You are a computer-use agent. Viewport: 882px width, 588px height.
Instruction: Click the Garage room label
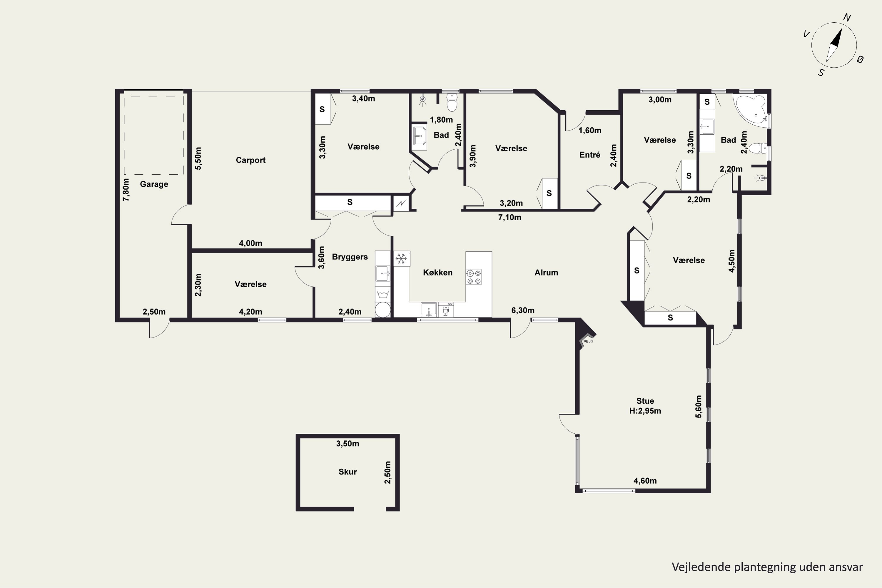(154, 184)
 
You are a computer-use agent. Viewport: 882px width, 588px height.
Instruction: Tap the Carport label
(250, 160)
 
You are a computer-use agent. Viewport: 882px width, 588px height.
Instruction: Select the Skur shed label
(348, 472)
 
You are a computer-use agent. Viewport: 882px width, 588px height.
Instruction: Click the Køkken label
(438, 273)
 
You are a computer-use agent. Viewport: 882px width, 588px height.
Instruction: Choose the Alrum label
(546, 273)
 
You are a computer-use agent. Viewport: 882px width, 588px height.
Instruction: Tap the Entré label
(589, 155)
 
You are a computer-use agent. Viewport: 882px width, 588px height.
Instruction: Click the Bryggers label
(350, 257)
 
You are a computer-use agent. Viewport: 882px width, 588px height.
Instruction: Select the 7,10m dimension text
(510, 218)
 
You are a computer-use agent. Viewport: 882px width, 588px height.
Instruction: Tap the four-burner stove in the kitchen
(474, 277)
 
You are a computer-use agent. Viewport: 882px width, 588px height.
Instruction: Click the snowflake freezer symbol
(401, 258)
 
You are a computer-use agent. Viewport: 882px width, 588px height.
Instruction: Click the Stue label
(645, 401)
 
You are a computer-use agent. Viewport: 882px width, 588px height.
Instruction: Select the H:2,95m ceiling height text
(645, 411)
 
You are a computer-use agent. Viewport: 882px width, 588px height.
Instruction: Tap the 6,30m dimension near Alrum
(523, 310)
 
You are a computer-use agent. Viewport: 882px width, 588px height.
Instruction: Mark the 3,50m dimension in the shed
(348, 444)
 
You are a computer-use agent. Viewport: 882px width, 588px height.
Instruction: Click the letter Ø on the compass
(860, 59)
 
